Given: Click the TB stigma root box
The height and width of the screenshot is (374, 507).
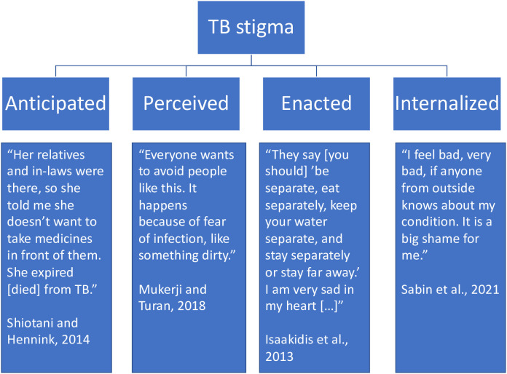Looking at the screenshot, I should coord(253,30).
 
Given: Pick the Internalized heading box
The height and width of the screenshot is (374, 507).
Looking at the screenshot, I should coord(447,103).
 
